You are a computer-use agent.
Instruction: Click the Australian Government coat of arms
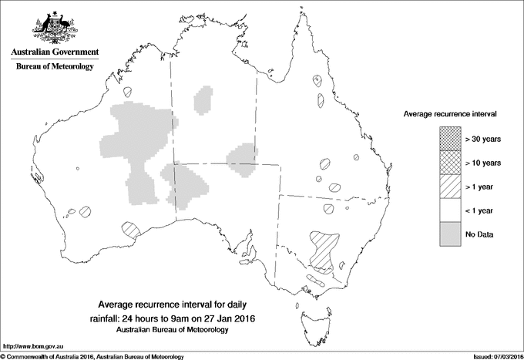pos(54,28)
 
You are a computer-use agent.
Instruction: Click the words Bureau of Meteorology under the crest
pos(54,66)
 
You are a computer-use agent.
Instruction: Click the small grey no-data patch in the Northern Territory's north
pos(204,100)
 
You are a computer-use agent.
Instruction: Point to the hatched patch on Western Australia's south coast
pos(131,229)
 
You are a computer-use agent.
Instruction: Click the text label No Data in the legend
pos(479,234)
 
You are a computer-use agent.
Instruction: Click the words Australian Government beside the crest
pos(54,52)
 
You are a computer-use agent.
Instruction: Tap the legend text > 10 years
pos(483,163)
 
